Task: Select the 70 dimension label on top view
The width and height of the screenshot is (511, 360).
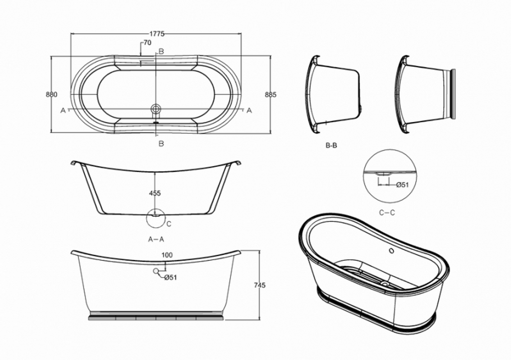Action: (147, 43)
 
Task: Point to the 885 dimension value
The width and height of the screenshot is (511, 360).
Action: (270, 94)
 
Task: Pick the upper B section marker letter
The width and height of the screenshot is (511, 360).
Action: (161, 52)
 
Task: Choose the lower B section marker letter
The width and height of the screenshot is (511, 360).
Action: (161, 144)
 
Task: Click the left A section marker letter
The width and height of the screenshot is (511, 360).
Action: (63, 110)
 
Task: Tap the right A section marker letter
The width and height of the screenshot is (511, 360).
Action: (249, 110)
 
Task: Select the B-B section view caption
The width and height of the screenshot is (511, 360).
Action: (331, 147)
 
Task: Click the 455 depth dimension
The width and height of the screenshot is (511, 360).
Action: (155, 193)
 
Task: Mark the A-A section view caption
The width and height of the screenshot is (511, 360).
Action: (156, 239)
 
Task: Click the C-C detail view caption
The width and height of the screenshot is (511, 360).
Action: (387, 213)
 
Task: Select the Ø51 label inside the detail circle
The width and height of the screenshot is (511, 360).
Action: (402, 184)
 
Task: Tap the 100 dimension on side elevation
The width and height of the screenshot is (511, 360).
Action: (168, 255)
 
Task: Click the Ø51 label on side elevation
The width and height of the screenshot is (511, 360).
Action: (171, 277)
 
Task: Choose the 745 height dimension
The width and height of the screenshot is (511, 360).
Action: (259, 285)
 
